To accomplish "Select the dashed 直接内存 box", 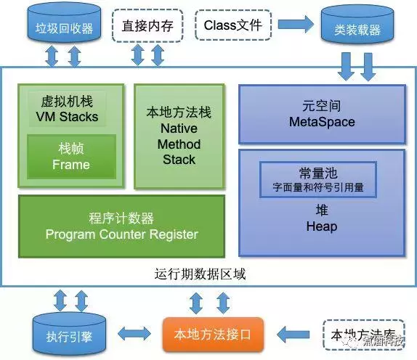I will [147, 26].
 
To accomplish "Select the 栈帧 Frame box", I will [70, 157].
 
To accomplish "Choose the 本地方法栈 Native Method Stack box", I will [179, 136].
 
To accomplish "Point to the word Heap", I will [320, 227].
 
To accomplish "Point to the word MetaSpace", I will [320, 122].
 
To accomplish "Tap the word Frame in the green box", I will [70, 165].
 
